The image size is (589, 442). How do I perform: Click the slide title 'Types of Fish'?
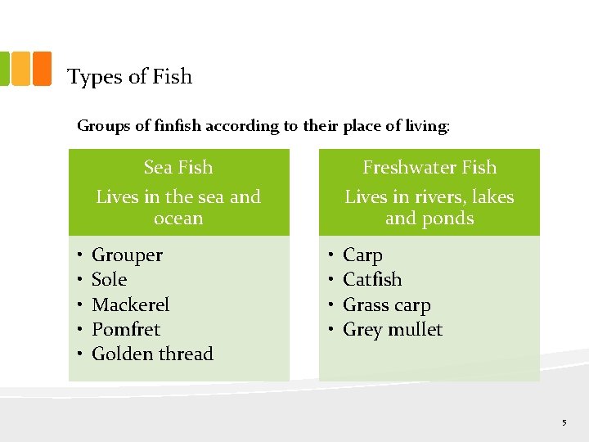point(129,77)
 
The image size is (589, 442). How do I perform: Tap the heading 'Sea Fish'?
point(178,168)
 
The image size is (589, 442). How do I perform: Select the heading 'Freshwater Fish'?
point(429,168)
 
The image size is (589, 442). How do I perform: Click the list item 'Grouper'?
point(127,255)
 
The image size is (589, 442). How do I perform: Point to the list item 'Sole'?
point(110,280)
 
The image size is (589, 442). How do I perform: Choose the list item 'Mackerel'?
point(131,305)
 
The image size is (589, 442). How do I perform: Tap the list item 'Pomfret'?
point(126,330)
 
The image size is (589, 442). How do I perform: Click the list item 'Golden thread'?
point(152,354)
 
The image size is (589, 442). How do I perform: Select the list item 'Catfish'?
point(372,280)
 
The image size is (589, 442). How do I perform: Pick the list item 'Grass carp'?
point(387,305)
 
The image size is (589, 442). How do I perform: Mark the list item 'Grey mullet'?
point(393,330)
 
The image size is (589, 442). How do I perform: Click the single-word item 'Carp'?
point(362,255)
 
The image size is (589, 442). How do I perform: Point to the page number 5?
point(564,422)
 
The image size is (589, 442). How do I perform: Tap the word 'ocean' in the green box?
point(178,219)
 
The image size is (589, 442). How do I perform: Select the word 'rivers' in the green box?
point(438,197)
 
